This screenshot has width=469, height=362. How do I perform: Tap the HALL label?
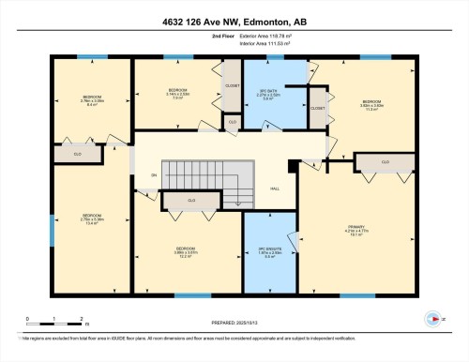click(276, 188)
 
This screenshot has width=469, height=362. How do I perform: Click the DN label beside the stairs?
click(155, 175)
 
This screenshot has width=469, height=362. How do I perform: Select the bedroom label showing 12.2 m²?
click(184, 251)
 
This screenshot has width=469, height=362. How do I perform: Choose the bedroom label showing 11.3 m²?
click(371, 103)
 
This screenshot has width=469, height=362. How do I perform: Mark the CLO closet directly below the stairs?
click(191, 200)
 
